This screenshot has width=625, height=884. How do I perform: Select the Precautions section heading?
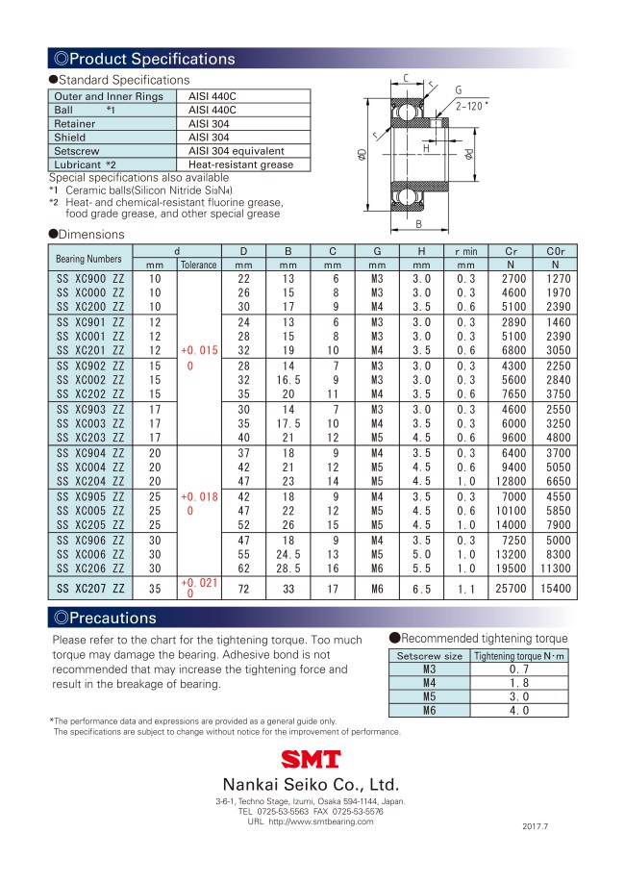pos(111,617)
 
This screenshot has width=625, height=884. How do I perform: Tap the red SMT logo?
pos(311,760)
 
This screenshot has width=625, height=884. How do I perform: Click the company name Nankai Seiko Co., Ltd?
pos(311,783)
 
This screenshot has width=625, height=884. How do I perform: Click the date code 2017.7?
pos(540,826)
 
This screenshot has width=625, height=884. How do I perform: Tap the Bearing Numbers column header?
pos(89,259)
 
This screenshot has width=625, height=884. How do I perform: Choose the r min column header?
pos(466,252)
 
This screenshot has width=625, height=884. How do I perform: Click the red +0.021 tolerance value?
pos(198,583)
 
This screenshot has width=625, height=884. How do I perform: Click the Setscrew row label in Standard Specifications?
pos(77,151)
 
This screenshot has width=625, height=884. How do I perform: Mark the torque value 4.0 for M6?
pos(519,711)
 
